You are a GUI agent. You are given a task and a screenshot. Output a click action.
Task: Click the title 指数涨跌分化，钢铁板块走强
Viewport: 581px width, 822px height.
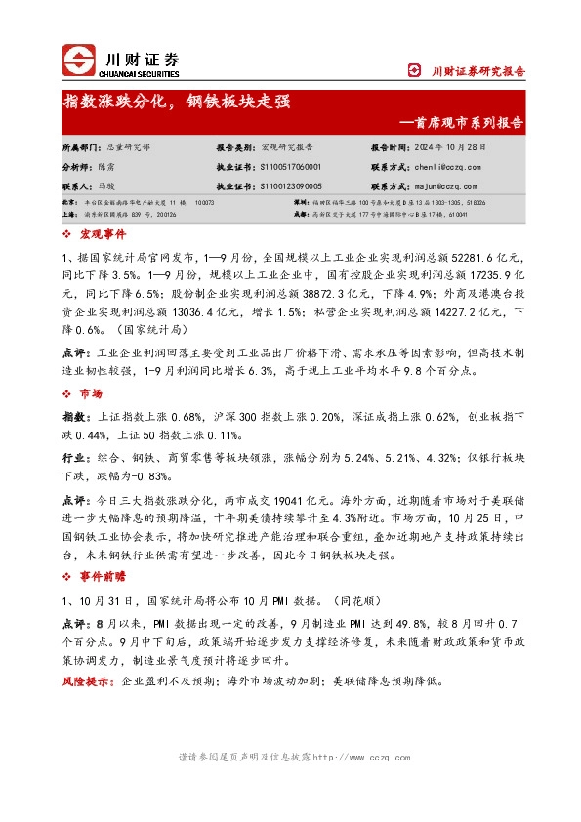coord(177,102)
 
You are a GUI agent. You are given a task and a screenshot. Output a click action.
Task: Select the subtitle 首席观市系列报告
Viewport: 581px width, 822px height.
coord(469,124)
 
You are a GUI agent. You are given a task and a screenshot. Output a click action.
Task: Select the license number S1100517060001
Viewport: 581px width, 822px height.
coord(290,167)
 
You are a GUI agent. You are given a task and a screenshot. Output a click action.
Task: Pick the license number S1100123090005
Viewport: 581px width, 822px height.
coord(290,185)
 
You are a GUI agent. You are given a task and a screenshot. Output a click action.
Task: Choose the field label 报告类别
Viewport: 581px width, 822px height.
coord(235,147)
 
